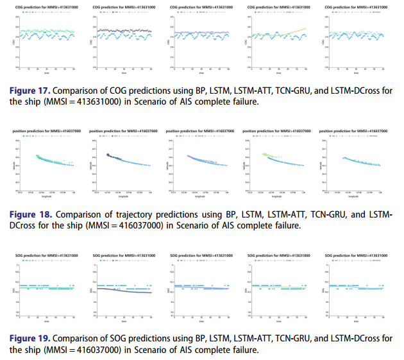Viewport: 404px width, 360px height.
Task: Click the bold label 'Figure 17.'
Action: pyautogui.click(x=31, y=92)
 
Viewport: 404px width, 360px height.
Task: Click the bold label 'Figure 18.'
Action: pyautogui.click(x=31, y=212)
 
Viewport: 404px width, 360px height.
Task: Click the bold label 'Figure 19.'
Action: pyautogui.click(x=31, y=338)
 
